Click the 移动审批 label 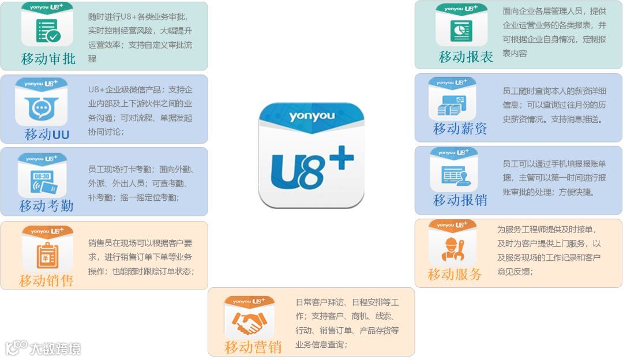(x=48, y=59)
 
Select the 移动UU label (x=47, y=134)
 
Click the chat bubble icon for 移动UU (x=42, y=107)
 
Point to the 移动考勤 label (x=46, y=205)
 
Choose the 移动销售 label (x=46, y=281)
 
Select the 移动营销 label (x=253, y=347)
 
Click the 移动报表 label (x=466, y=57)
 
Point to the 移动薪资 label (x=460, y=129)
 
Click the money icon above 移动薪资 (x=452, y=104)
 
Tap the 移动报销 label (x=460, y=200)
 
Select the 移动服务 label (x=455, y=275)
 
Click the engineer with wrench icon (x=452, y=248)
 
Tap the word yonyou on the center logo (x=311, y=117)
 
